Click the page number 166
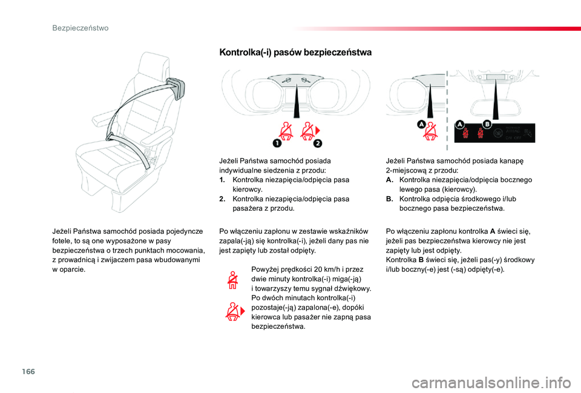[x=28, y=371]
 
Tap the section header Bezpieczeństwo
[x=80, y=28]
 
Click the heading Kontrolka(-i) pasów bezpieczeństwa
[x=295, y=52]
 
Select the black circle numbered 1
[x=277, y=143]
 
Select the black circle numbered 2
[x=318, y=143]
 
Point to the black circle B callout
[x=487, y=124]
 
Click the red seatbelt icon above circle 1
[x=286, y=131]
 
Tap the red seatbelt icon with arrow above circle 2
[x=309, y=131]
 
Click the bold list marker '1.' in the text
[x=222, y=180]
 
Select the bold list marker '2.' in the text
[x=222, y=199]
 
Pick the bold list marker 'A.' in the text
[x=389, y=180]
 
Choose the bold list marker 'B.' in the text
[x=389, y=199]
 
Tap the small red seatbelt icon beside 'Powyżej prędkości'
[x=232, y=280]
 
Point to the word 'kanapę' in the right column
[x=512, y=161]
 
